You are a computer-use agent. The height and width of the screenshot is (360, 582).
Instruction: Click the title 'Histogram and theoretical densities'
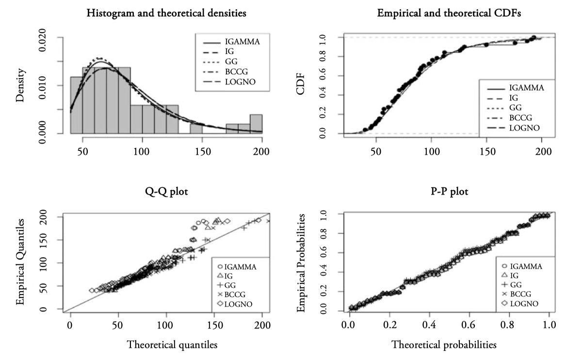tap(166, 14)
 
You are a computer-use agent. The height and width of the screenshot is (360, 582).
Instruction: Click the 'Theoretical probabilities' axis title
tap(444, 345)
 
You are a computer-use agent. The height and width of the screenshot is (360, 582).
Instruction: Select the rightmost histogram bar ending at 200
tap(256, 124)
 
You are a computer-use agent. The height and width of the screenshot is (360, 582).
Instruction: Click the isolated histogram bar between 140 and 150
tap(196, 129)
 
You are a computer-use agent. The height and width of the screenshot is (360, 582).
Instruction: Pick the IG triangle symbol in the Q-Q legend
tap(220, 276)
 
